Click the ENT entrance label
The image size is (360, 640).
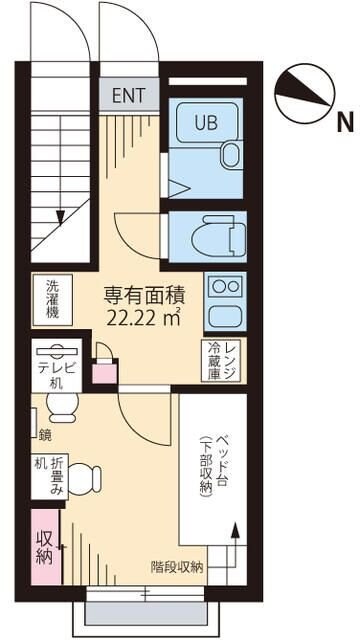tap(128, 96)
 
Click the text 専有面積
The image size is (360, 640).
tap(143, 297)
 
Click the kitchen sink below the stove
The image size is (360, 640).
tap(225, 318)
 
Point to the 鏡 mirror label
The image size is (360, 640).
tap(45, 434)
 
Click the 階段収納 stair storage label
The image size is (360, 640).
tap(177, 566)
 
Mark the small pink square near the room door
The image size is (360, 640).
tap(102, 372)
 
